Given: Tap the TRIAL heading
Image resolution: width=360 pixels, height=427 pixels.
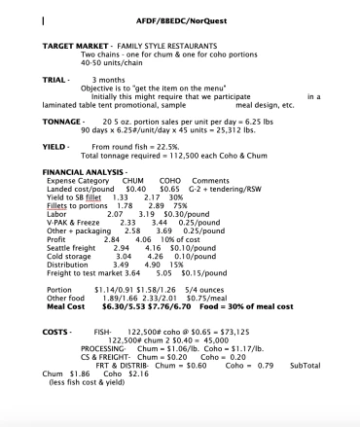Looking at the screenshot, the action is (x=55, y=79).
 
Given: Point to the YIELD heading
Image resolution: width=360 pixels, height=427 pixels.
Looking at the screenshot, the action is (x=55, y=146).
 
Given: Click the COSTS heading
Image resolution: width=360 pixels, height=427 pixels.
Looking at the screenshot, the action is (x=55, y=332).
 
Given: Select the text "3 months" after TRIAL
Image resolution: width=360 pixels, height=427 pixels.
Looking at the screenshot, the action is (x=109, y=79).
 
